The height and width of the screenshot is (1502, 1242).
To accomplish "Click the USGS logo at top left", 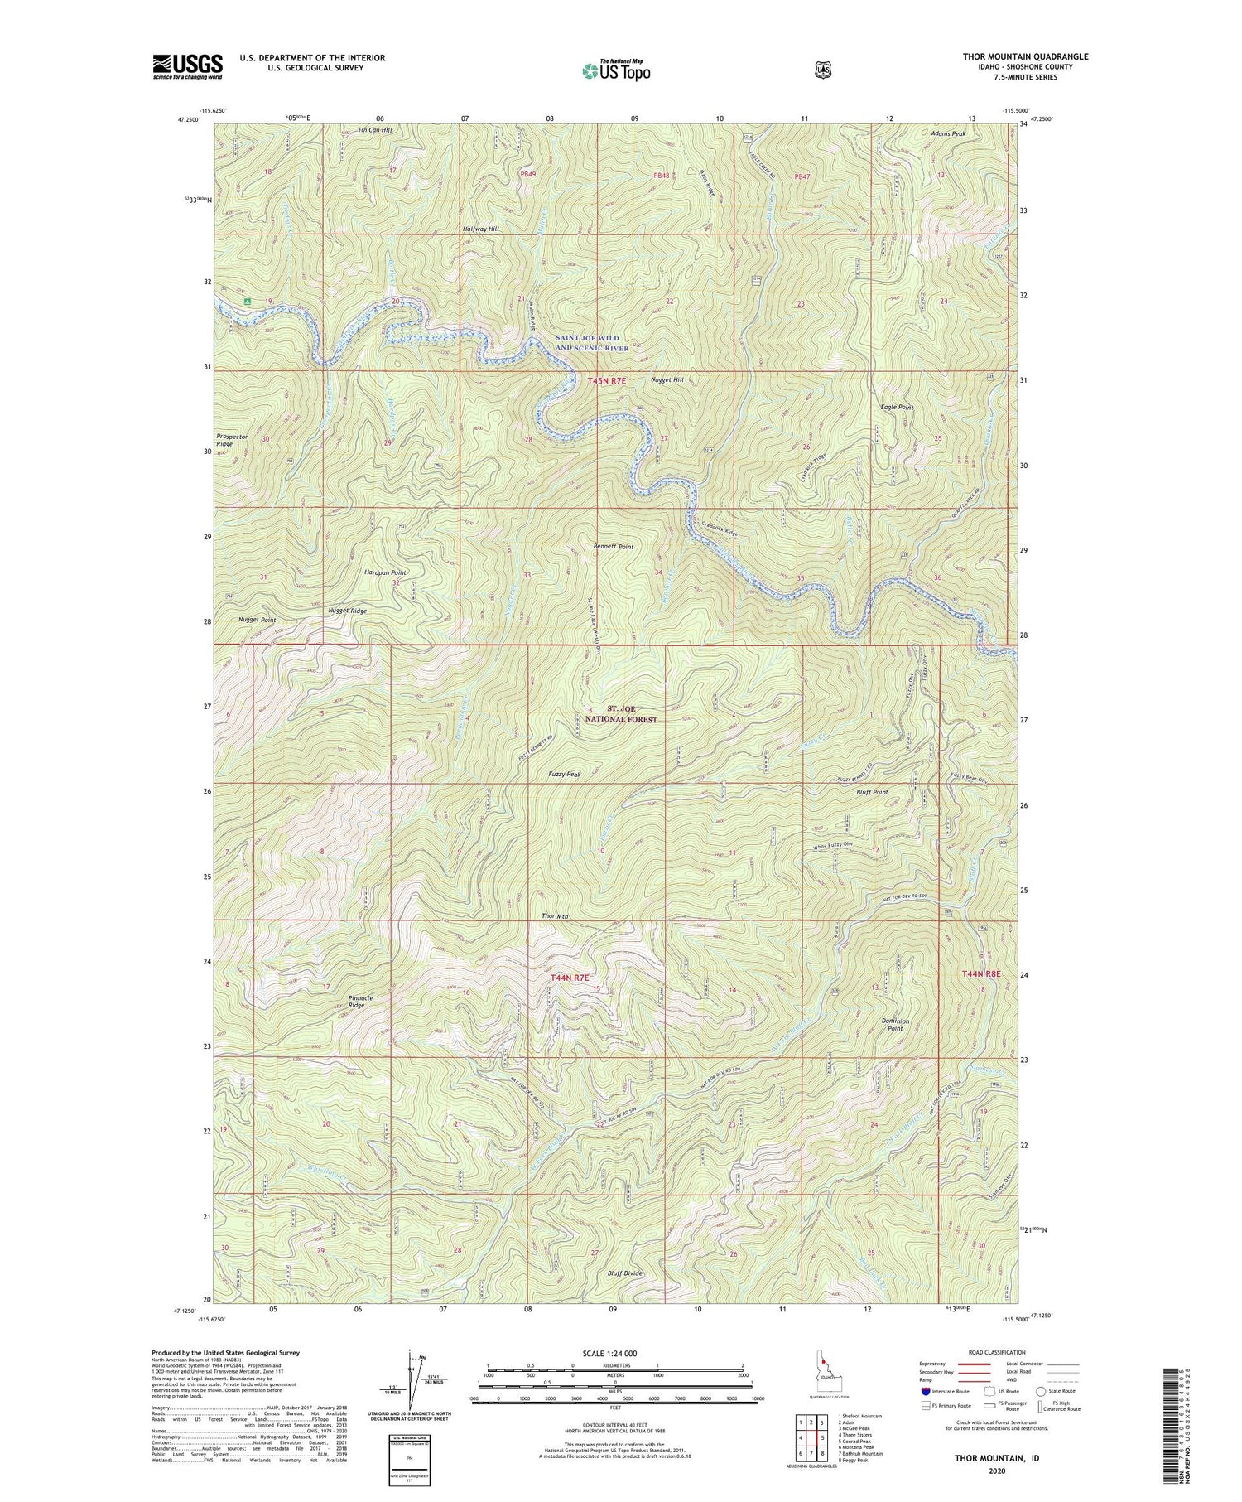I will pos(187,65).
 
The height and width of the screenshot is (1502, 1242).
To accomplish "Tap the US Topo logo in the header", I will pos(616,70).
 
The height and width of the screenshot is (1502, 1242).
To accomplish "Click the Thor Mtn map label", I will pos(555,915).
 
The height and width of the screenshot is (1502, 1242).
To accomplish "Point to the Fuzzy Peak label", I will pos(564,774).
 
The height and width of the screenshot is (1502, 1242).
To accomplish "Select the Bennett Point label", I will pos(613,547).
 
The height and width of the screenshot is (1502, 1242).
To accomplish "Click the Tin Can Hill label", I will pos(374,130).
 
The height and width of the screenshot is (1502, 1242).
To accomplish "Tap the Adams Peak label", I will pos(947,133).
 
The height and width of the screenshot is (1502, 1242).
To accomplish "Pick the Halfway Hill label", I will pos(480,229).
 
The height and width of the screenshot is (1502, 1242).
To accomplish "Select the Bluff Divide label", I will pos(624,1273).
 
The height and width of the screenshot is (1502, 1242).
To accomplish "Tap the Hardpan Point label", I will pos(385,572).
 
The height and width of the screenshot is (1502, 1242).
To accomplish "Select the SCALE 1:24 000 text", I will pos(614,1353).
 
